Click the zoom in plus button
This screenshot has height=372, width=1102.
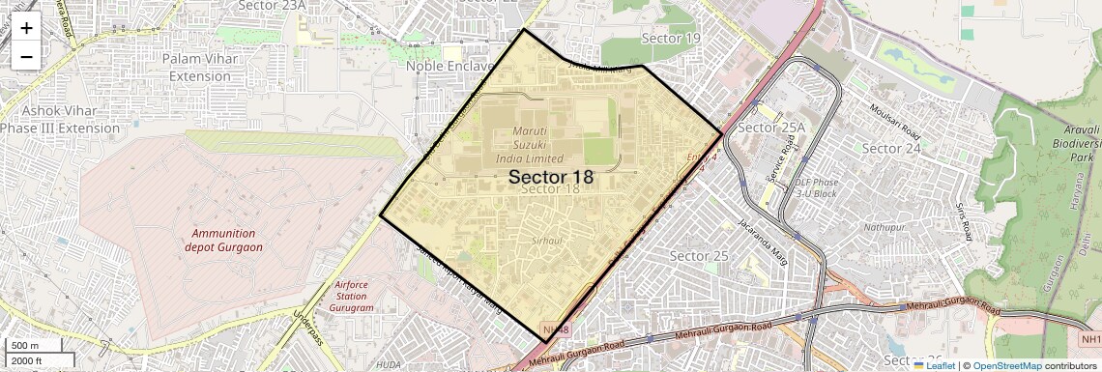pos(26,27)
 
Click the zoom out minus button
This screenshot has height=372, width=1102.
pos(26,56)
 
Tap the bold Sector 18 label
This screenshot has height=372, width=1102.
pos(550,178)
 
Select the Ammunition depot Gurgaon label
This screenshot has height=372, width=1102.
pos(223,240)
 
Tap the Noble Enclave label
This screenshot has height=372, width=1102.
pos(449,66)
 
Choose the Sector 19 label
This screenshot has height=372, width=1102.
pos(671,38)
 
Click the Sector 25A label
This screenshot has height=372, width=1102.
pos(770,128)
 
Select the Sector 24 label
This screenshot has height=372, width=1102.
pos(890,148)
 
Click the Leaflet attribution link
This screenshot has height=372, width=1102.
pos(935,365)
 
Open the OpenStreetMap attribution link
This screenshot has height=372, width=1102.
pos(1006,365)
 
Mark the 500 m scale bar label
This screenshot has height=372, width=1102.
pos(25,346)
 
